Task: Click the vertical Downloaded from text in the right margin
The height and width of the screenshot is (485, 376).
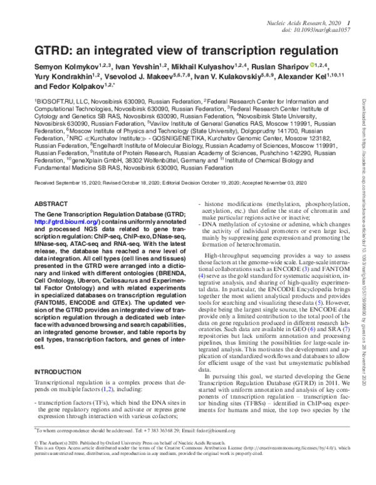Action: [x=364, y=169]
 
